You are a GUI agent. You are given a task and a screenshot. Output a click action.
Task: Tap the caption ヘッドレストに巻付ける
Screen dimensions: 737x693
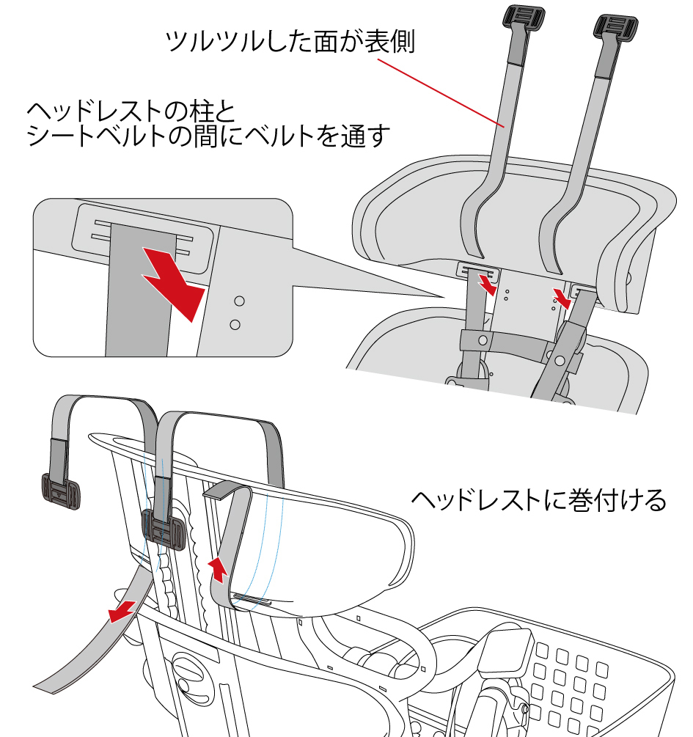coord(538,500)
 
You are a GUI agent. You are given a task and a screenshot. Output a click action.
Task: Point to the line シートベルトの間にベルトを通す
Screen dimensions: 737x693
coord(206,137)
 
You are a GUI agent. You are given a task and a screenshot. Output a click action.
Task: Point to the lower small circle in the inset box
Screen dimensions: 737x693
coord(235,323)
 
